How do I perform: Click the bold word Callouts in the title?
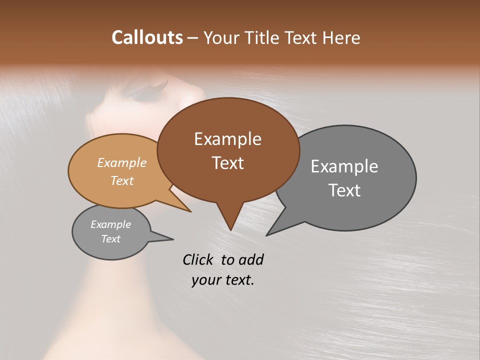[147, 37]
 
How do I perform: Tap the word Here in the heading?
[341, 37]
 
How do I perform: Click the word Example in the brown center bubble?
[227, 139]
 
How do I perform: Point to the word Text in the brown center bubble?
[227, 163]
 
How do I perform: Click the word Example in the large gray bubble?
[344, 166]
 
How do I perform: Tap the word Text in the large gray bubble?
[344, 190]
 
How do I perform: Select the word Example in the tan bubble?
[122, 163]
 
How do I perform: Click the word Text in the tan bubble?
[122, 180]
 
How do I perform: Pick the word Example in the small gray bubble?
[110, 224]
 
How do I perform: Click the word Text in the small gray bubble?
[110, 239]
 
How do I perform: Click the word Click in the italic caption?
[199, 259]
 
